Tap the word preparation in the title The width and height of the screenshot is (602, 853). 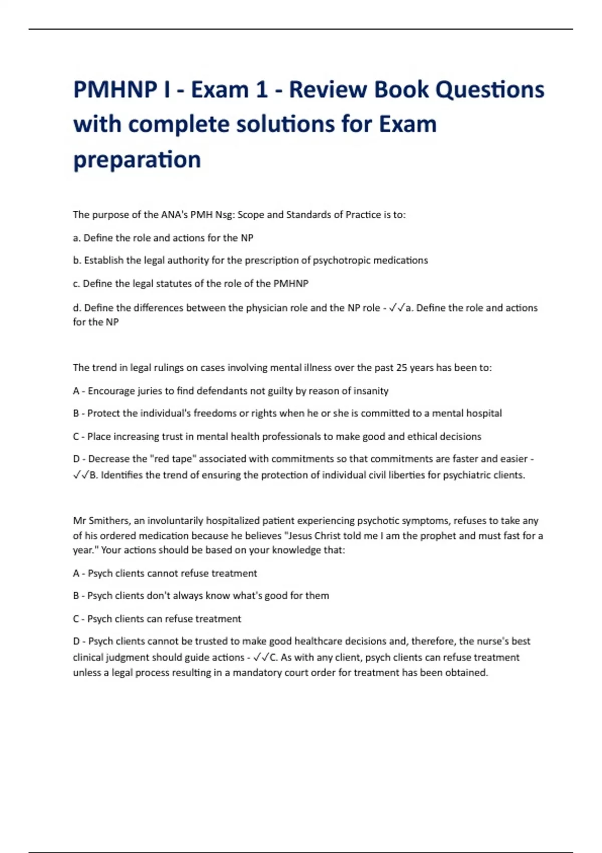tap(137, 160)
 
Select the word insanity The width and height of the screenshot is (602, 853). tap(371, 391)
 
